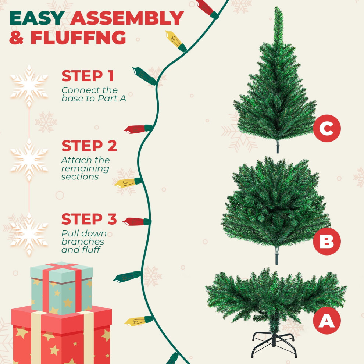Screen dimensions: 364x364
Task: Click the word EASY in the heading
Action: [x=37, y=18]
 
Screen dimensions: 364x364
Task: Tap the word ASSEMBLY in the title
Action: [x=127, y=18]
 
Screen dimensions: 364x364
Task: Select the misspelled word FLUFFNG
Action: [x=78, y=37]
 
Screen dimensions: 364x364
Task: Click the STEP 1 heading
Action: [x=88, y=76]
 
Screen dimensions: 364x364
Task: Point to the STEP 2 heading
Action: [x=89, y=146]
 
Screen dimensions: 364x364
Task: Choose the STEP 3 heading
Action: [x=89, y=219]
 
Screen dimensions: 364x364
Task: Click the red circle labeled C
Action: [x=327, y=128]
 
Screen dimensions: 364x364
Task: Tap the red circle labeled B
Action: [x=327, y=242]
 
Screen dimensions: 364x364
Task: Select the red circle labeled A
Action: [x=327, y=321]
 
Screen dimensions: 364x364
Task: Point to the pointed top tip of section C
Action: [x=277, y=7]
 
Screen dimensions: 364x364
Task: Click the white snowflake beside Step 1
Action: [x=29, y=86]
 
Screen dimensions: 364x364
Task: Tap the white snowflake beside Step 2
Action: [x=29, y=160]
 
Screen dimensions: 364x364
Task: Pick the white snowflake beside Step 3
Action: [x=29, y=234]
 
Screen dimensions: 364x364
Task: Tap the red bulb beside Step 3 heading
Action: [x=137, y=222]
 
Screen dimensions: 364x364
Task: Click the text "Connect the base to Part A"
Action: [x=93, y=94]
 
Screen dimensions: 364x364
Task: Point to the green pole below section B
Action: [x=276, y=256]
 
